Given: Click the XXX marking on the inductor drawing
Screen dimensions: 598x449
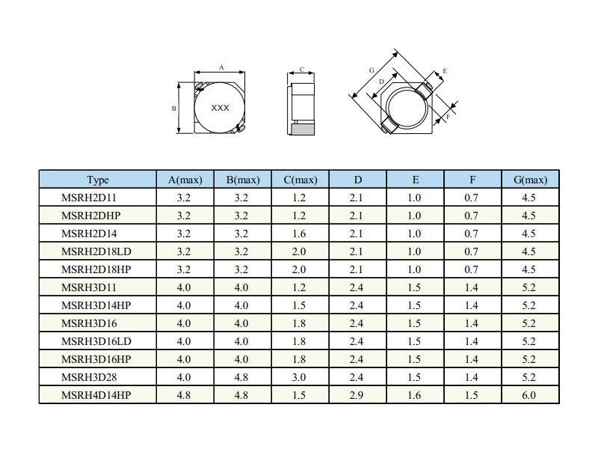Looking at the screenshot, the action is tap(220, 108).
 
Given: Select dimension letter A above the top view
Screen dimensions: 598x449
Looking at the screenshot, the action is tap(221, 67).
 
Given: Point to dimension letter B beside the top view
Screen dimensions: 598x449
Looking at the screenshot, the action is tap(174, 109).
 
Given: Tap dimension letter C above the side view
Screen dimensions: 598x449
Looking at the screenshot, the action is tap(302, 70).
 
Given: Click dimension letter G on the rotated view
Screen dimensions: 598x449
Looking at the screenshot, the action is tap(372, 70).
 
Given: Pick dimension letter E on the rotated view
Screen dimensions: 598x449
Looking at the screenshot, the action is tap(445, 71).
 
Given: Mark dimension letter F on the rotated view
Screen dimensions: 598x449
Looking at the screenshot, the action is tap(449, 116).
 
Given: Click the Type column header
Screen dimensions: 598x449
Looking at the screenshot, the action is tap(98, 180).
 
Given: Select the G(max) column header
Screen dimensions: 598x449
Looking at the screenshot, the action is tap(530, 180).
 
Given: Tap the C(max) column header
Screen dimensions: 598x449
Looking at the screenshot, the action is tap(300, 180).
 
